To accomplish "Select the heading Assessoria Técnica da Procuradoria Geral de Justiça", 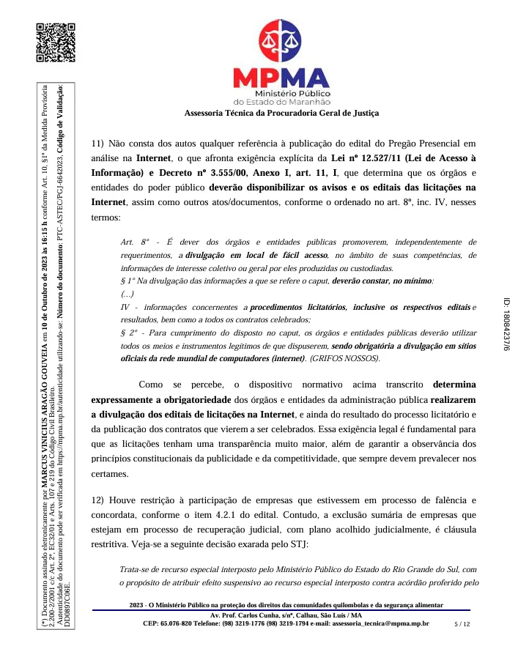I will [x=282, y=113].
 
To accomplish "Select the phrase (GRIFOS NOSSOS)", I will [x=344, y=359].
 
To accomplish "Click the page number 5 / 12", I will [x=462, y=623].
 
